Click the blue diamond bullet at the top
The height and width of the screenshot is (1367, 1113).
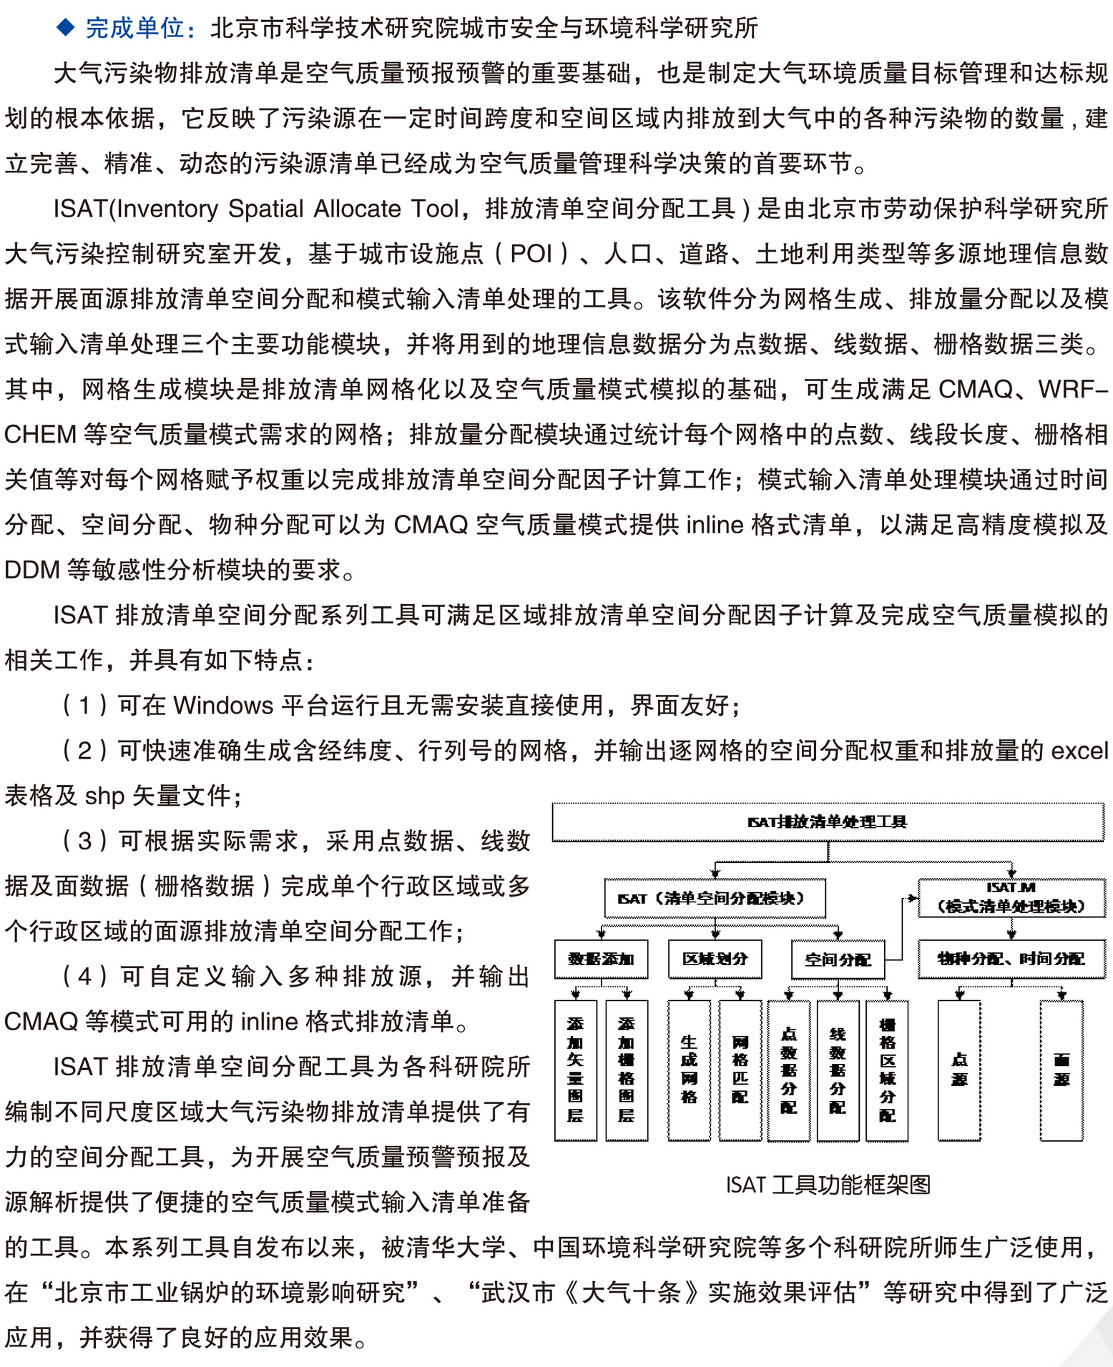click(x=66, y=27)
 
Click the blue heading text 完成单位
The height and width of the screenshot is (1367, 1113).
click(x=134, y=28)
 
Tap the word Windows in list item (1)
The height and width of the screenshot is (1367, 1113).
click(x=223, y=706)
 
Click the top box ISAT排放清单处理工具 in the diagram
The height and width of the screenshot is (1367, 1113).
click(x=828, y=822)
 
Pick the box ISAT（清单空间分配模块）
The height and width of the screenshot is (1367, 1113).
click(x=715, y=899)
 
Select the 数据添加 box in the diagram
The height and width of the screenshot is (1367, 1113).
click(x=601, y=959)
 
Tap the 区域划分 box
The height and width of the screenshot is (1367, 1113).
click(x=715, y=959)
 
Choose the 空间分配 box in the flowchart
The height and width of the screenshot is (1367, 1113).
click(x=838, y=959)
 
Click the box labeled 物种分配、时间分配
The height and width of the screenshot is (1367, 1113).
click(x=1011, y=959)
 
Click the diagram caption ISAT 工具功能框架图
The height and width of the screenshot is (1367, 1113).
click(x=828, y=1185)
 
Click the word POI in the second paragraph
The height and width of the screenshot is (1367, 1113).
click(x=531, y=254)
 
